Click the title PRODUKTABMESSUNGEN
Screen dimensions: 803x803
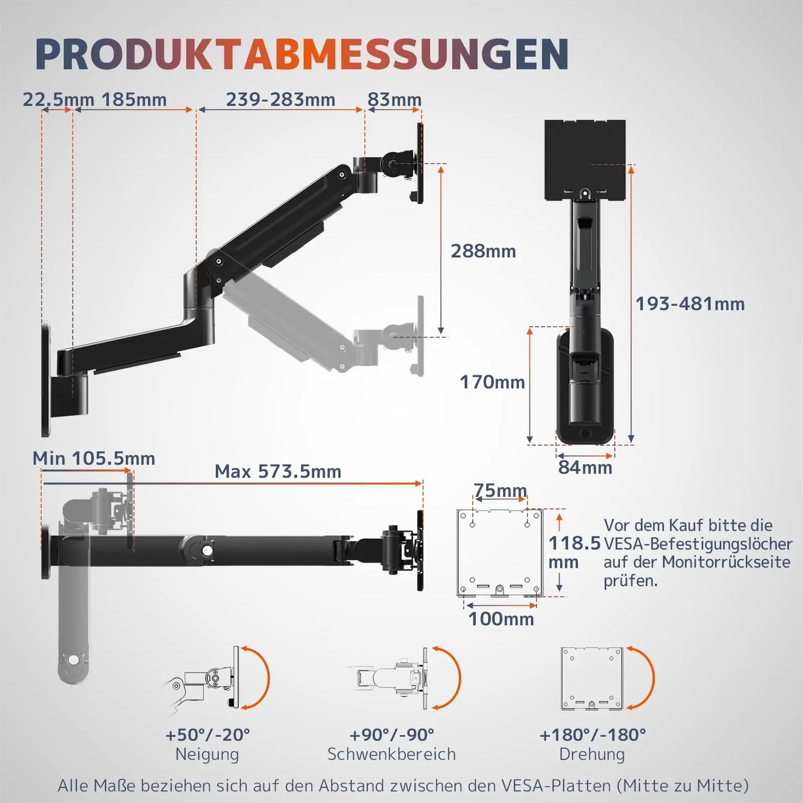click(x=302, y=54)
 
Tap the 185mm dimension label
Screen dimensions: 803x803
click(x=134, y=99)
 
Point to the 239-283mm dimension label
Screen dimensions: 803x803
click(x=281, y=99)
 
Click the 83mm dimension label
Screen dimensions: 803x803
click(x=394, y=99)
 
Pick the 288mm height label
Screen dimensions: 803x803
click(x=483, y=251)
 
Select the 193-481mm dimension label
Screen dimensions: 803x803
click(x=690, y=304)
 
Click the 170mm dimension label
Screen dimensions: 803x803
click(x=492, y=382)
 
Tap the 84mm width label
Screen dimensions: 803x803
click(x=585, y=467)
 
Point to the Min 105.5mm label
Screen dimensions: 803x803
click(x=94, y=458)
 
